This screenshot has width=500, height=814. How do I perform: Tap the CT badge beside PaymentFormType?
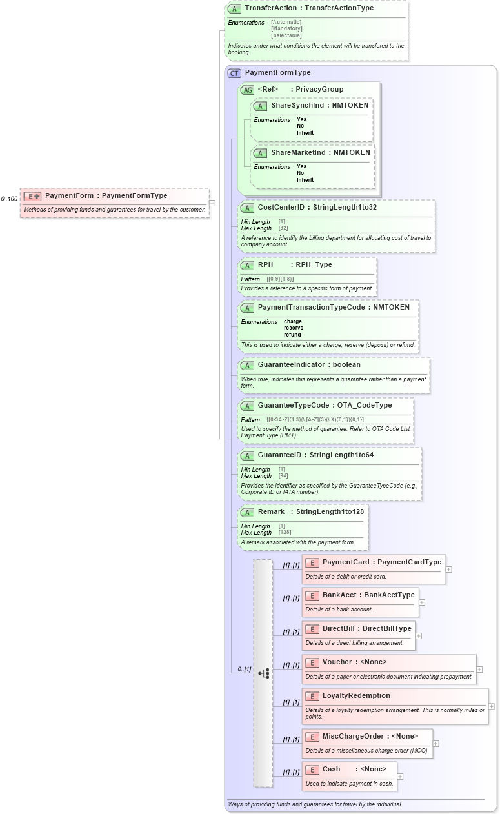pos(234,73)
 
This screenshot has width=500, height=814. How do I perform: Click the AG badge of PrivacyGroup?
pos(247,90)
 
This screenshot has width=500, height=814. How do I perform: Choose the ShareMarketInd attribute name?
pos(301,152)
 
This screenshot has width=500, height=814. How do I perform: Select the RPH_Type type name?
pos(314,264)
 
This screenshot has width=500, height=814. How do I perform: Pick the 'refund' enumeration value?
pos(293,335)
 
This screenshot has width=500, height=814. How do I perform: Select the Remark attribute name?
pos(271,512)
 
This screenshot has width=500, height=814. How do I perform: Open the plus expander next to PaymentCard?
pos(448,570)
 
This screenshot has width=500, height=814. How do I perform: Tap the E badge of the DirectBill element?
pos(312,629)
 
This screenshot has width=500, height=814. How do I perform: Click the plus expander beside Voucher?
pos(479,670)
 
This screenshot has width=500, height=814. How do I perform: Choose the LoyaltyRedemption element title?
pos(356,696)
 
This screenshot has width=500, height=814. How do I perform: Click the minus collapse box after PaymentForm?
pos(212,203)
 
